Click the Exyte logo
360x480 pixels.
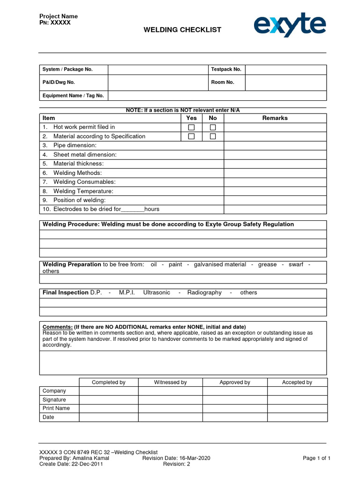(290, 25)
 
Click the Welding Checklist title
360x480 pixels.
(182, 30)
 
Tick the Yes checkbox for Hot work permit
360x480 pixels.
(191, 127)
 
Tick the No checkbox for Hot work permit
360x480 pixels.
(213, 127)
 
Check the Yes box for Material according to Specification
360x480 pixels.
(191, 136)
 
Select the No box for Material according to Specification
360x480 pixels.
(213, 136)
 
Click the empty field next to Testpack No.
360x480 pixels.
(285, 69)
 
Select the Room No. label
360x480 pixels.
(222, 82)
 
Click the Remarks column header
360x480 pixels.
(275, 118)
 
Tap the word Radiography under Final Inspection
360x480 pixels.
(204, 292)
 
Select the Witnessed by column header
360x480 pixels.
(170, 382)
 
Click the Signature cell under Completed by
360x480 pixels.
(108, 400)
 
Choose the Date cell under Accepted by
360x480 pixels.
(297, 417)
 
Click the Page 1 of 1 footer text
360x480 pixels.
(317, 458)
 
